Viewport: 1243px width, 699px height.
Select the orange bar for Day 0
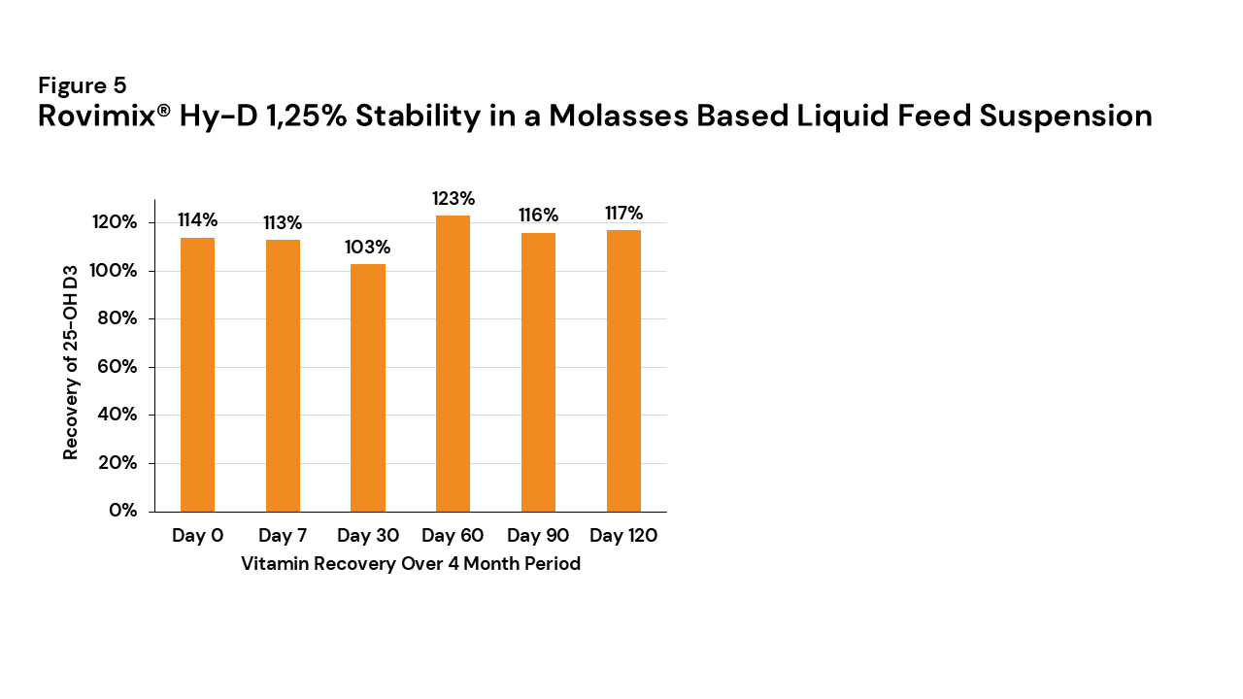coord(197,374)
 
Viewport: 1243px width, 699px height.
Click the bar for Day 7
coord(283,375)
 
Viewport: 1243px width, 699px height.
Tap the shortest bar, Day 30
coord(368,387)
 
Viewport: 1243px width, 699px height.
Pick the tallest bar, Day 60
coord(453,363)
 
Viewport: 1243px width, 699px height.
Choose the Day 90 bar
coord(538,372)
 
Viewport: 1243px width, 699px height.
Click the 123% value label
coord(454,199)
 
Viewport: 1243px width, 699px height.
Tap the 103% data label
coord(368,248)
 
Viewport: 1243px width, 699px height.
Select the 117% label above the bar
coord(623,214)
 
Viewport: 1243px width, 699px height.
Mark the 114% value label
coord(197,219)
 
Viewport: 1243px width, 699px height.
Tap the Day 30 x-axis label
coord(368,536)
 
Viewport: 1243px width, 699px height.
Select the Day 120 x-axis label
coord(623,536)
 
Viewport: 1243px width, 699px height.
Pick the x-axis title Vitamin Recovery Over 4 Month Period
coord(411,564)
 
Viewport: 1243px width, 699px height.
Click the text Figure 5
coord(83,85)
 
